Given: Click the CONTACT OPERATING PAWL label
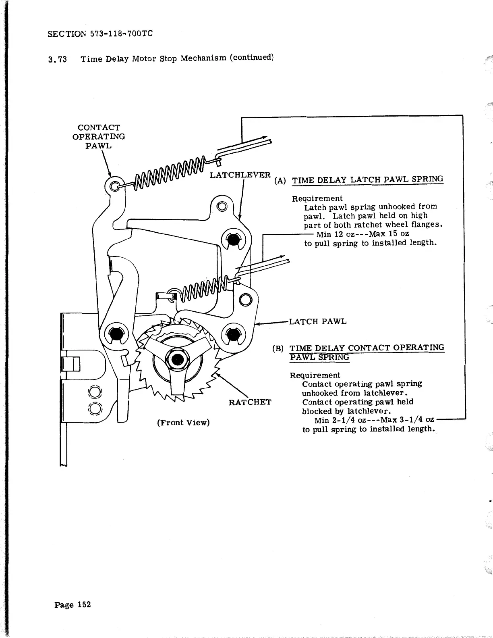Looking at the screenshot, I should click(x=99, y=137).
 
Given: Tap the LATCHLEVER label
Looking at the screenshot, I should click(x=240, y=175).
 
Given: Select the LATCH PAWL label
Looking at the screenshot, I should click(x=318, y=321).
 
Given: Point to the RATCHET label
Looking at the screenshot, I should click(x=250, y=402).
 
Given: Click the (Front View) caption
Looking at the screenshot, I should click(x=183, y=422).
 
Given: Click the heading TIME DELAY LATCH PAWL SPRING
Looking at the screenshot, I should click(x=367, y=179).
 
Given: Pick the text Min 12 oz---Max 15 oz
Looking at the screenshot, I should click(x=363, y=234).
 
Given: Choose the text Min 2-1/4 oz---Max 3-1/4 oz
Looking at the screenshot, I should click(x=374, y=420).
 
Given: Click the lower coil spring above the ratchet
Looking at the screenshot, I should click(x=203, y=291).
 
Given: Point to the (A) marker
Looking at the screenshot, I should click(x=280, y=180).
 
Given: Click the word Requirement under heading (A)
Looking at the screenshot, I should click(x=317, y=198).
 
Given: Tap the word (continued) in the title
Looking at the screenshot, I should click(x=252, y=57).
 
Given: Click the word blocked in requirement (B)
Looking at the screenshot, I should click(x=317, y=411).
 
